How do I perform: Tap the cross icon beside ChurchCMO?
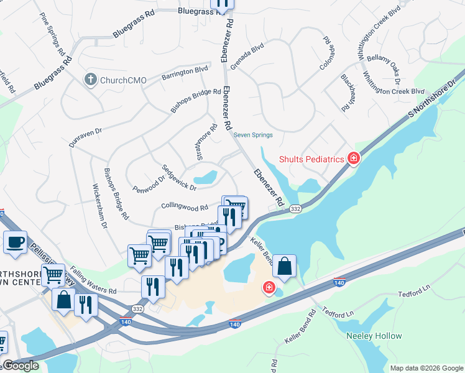pos(90,80)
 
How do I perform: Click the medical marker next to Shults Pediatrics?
pos(354,159)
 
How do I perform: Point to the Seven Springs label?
pos(253,135)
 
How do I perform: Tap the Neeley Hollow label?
pos(374,336)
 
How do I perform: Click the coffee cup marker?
pos(15,241)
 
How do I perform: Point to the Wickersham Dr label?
pos(100,205)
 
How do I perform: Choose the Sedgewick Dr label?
pos(179,177)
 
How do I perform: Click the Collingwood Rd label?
pos(184,206)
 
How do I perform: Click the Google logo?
pos(21,366)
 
